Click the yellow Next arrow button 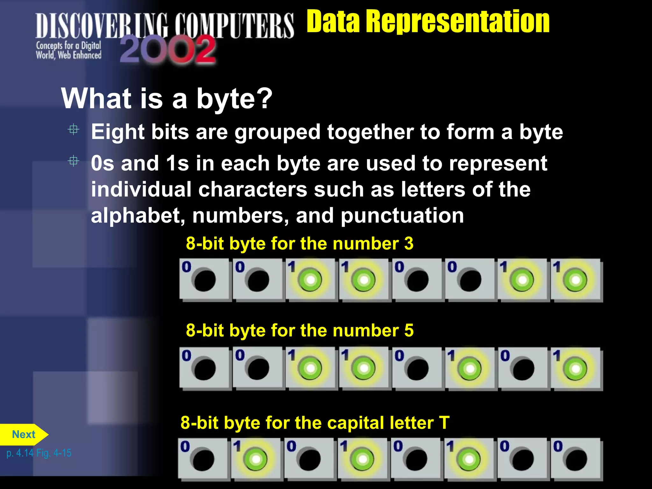point(24,435)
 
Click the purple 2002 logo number point(168,49)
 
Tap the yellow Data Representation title point(428,21)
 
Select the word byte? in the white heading point(234,99)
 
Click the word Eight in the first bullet point(118,132)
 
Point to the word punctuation point(402,216)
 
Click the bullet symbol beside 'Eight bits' point(74,130)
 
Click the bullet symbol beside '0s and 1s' point(74,161)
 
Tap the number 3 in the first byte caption point(409,244)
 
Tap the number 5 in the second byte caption point(409,330)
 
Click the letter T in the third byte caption point(444,423)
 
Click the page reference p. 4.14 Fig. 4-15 point(39,453)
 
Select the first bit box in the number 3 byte point(204,279)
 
